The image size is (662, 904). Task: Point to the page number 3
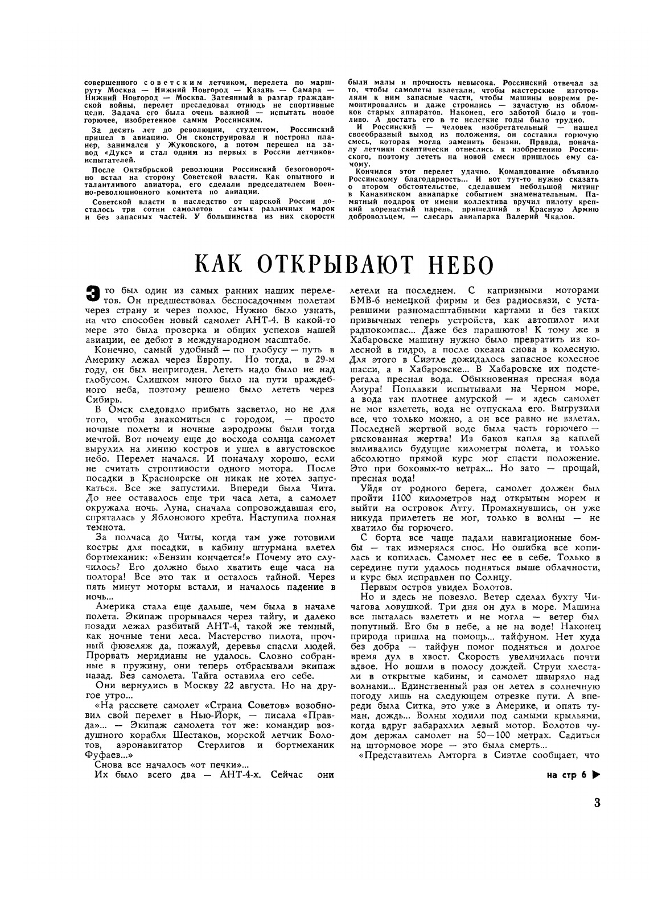[x=597, y=804]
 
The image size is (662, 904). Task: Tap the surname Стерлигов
[x=216, y=745]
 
